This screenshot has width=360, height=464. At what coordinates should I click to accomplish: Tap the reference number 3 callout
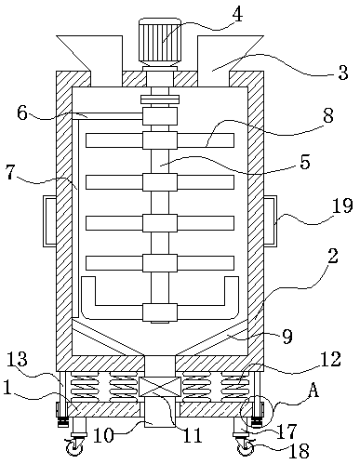pos(342,73)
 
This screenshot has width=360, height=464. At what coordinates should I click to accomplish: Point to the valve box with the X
pos(160,387)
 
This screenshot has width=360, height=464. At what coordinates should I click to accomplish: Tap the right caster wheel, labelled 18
pos(246,448)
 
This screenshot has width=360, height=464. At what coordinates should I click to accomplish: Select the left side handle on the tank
pos(49,221)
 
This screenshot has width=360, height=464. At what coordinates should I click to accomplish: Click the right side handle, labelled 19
pos(270,221)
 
